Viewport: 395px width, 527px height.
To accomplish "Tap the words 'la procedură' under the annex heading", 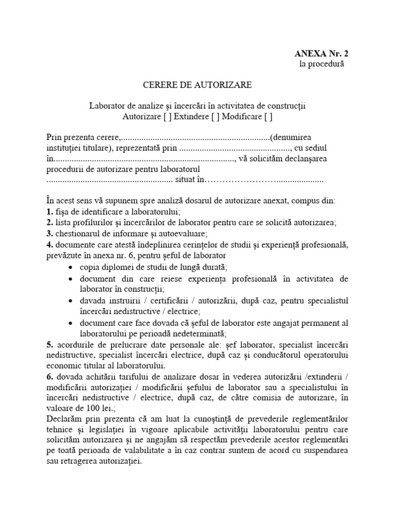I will (321, 64).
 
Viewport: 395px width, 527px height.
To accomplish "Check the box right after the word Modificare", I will (268, 116).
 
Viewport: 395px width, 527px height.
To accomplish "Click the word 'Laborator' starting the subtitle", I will (106, 106).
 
